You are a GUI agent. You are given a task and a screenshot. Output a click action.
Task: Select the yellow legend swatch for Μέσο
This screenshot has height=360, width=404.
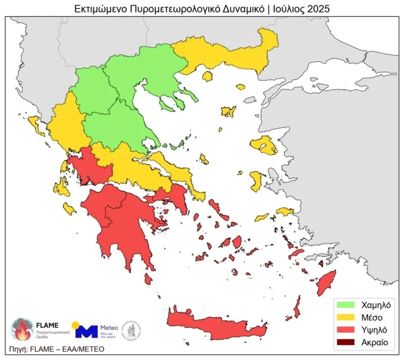pos(346,317)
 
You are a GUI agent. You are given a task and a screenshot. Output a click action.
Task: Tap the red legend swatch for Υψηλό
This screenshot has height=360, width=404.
pos(346,330)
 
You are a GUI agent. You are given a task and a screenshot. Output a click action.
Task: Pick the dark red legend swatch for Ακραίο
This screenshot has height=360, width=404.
pos(346,342)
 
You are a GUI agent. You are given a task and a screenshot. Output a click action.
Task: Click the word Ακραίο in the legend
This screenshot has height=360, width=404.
pos(374,342)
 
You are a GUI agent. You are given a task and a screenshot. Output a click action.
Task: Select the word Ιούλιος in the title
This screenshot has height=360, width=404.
pos(287,9)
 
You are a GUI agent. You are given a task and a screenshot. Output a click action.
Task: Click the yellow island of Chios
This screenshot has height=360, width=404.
pos(256,180)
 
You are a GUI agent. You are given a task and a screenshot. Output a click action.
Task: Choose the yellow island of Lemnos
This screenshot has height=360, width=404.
pos(228,111)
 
